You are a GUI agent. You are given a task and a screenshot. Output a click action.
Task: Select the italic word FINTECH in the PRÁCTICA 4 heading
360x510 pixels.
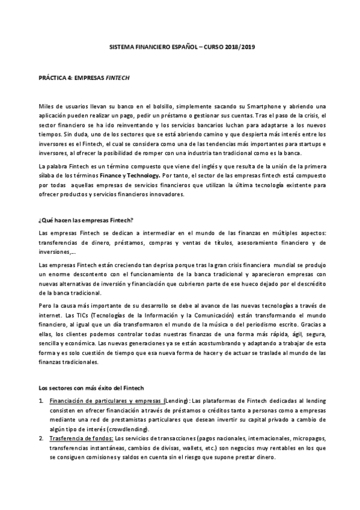(118, 78)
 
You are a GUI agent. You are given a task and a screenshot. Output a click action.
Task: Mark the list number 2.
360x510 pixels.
(40, 438)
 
